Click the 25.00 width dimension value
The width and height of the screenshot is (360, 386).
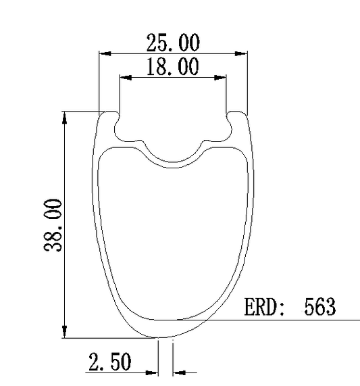point(173,43)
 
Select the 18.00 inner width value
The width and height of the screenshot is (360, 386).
point(173,66)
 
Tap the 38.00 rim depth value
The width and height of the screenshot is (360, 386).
point(53,225)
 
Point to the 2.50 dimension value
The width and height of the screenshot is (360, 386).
point(109,362)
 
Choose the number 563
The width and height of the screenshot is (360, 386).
point(319,307)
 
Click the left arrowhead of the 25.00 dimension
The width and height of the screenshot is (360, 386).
point(105,53)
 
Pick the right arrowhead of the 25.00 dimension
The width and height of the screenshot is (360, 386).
point(241,53)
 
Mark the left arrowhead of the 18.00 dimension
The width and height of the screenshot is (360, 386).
point(126,78)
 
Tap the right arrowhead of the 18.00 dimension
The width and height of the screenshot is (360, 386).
point(220,78)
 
